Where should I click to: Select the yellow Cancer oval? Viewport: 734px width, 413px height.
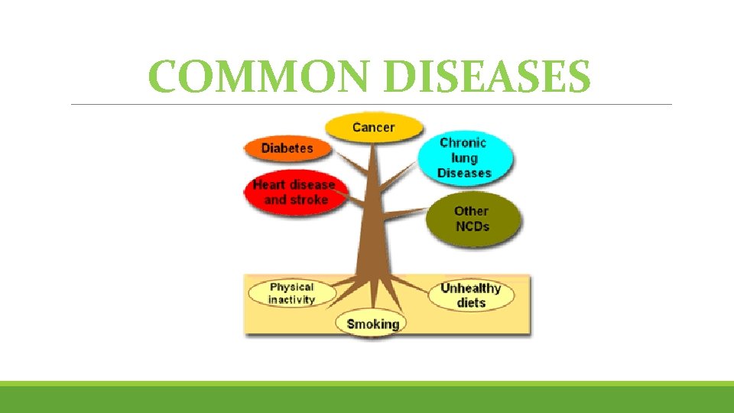click(374, 127)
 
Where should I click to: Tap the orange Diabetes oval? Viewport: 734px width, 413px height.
click(287, 148)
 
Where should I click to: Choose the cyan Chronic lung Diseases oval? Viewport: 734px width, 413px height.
click(465, 158)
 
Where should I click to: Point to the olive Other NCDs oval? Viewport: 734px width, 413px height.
click(471, 219)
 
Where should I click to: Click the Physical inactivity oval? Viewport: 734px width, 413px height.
click(291, 294)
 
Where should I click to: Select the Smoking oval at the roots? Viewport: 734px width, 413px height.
click(372, 324)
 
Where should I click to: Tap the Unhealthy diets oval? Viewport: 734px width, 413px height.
click(470, 295)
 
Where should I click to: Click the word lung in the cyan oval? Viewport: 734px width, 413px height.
click(464, 158)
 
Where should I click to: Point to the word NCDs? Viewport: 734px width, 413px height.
click(472, 227)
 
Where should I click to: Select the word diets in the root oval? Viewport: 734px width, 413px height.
click(471, 303)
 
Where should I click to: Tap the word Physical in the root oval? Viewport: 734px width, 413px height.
click(291, 287)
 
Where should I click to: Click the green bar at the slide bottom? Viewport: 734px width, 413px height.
click(367, 398)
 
